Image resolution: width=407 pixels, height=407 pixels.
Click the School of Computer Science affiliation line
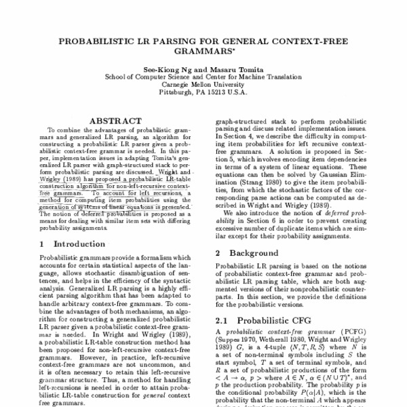[x=203, y=77]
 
